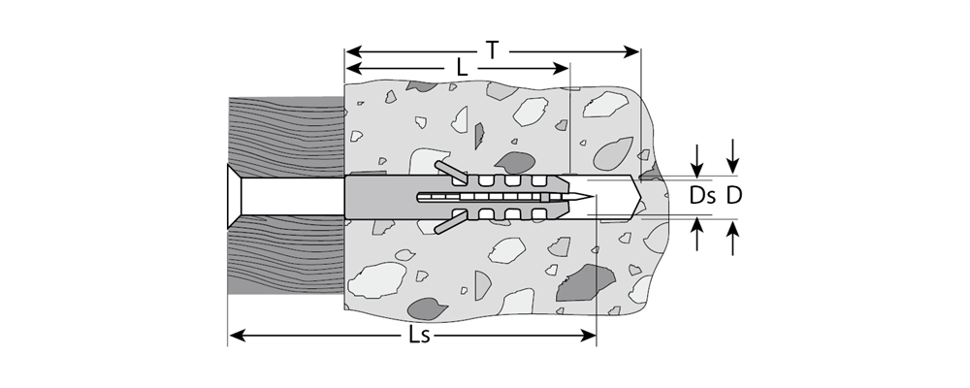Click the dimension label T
point(492,50)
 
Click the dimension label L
point(462,68)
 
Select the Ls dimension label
point(420,336)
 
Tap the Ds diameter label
point(702,196)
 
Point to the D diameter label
point(733,196)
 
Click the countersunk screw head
point(235,197)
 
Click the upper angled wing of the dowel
point(450,173)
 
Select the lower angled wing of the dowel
point(450,221)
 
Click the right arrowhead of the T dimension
point(631,52)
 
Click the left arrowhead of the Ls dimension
point(237,336)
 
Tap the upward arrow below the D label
point(733,238)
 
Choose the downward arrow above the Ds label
point(697,162)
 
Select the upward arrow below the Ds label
point(697,234)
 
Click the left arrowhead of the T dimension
point(353,52)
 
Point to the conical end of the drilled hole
point(634,197)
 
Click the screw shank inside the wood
point(293,197)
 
